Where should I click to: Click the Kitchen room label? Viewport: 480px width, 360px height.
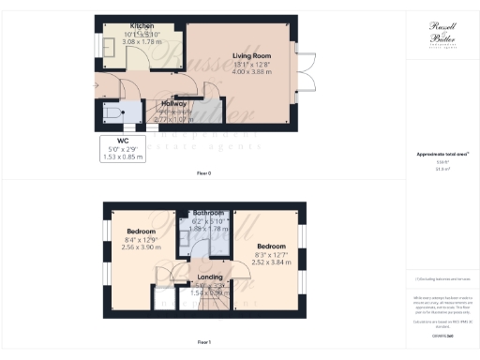[116, 26]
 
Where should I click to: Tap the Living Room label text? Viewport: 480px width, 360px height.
[252, 56]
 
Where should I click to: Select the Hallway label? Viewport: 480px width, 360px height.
[173, 103]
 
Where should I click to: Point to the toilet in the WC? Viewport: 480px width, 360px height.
[115, 114]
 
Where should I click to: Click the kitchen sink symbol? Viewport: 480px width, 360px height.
[110, 53]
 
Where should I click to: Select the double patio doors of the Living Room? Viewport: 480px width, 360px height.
[306, 73]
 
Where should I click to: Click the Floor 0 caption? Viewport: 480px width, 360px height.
[202, 173]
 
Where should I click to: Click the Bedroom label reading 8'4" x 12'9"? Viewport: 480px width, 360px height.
[141, 230]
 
